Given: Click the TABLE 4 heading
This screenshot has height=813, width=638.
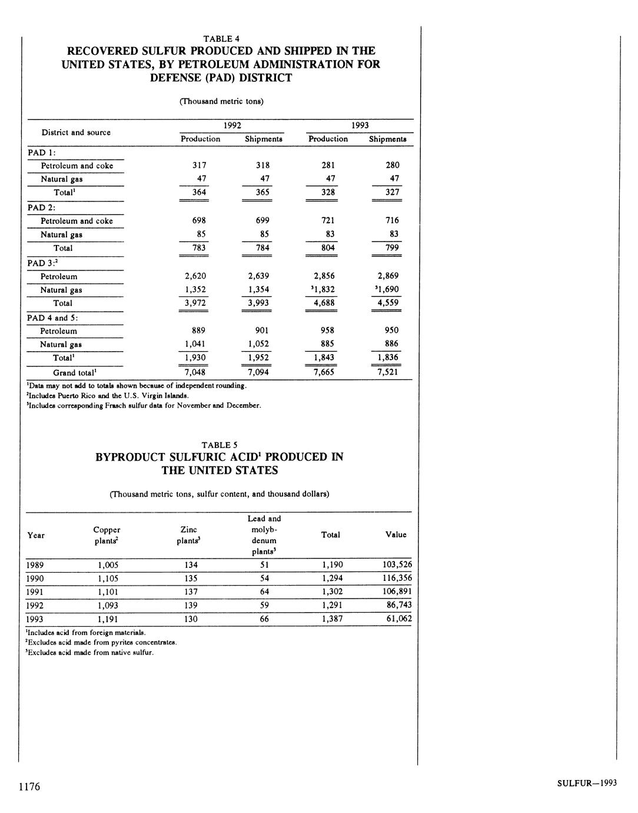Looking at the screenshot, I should tap(221, 39).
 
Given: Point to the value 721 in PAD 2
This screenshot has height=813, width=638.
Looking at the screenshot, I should tap(328, 220).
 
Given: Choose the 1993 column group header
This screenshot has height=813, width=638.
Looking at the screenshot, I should tap(360, 125).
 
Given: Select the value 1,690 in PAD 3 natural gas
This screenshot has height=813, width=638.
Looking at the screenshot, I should tap(387, 289).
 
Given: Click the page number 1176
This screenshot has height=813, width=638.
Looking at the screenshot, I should tap(29, 786).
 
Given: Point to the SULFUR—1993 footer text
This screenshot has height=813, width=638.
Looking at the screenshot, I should tap(586, 783).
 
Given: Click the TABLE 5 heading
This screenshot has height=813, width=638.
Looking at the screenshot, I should tap(220, 445).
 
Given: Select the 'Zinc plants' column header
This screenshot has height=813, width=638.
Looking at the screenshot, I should tap(188, 535).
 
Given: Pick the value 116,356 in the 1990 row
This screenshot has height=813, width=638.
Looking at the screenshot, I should tap(397, 578).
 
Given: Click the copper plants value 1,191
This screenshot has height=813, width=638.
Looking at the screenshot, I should tap(108, 619).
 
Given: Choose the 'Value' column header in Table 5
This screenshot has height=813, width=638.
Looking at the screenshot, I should tap(396, 534).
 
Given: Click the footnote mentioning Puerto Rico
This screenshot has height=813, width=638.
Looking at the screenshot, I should tap(108, 395).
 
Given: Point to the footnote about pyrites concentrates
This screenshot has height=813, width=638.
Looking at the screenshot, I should tap(102, 642).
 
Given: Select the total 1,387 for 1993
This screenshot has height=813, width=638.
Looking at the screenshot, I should tap(332, 619).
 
